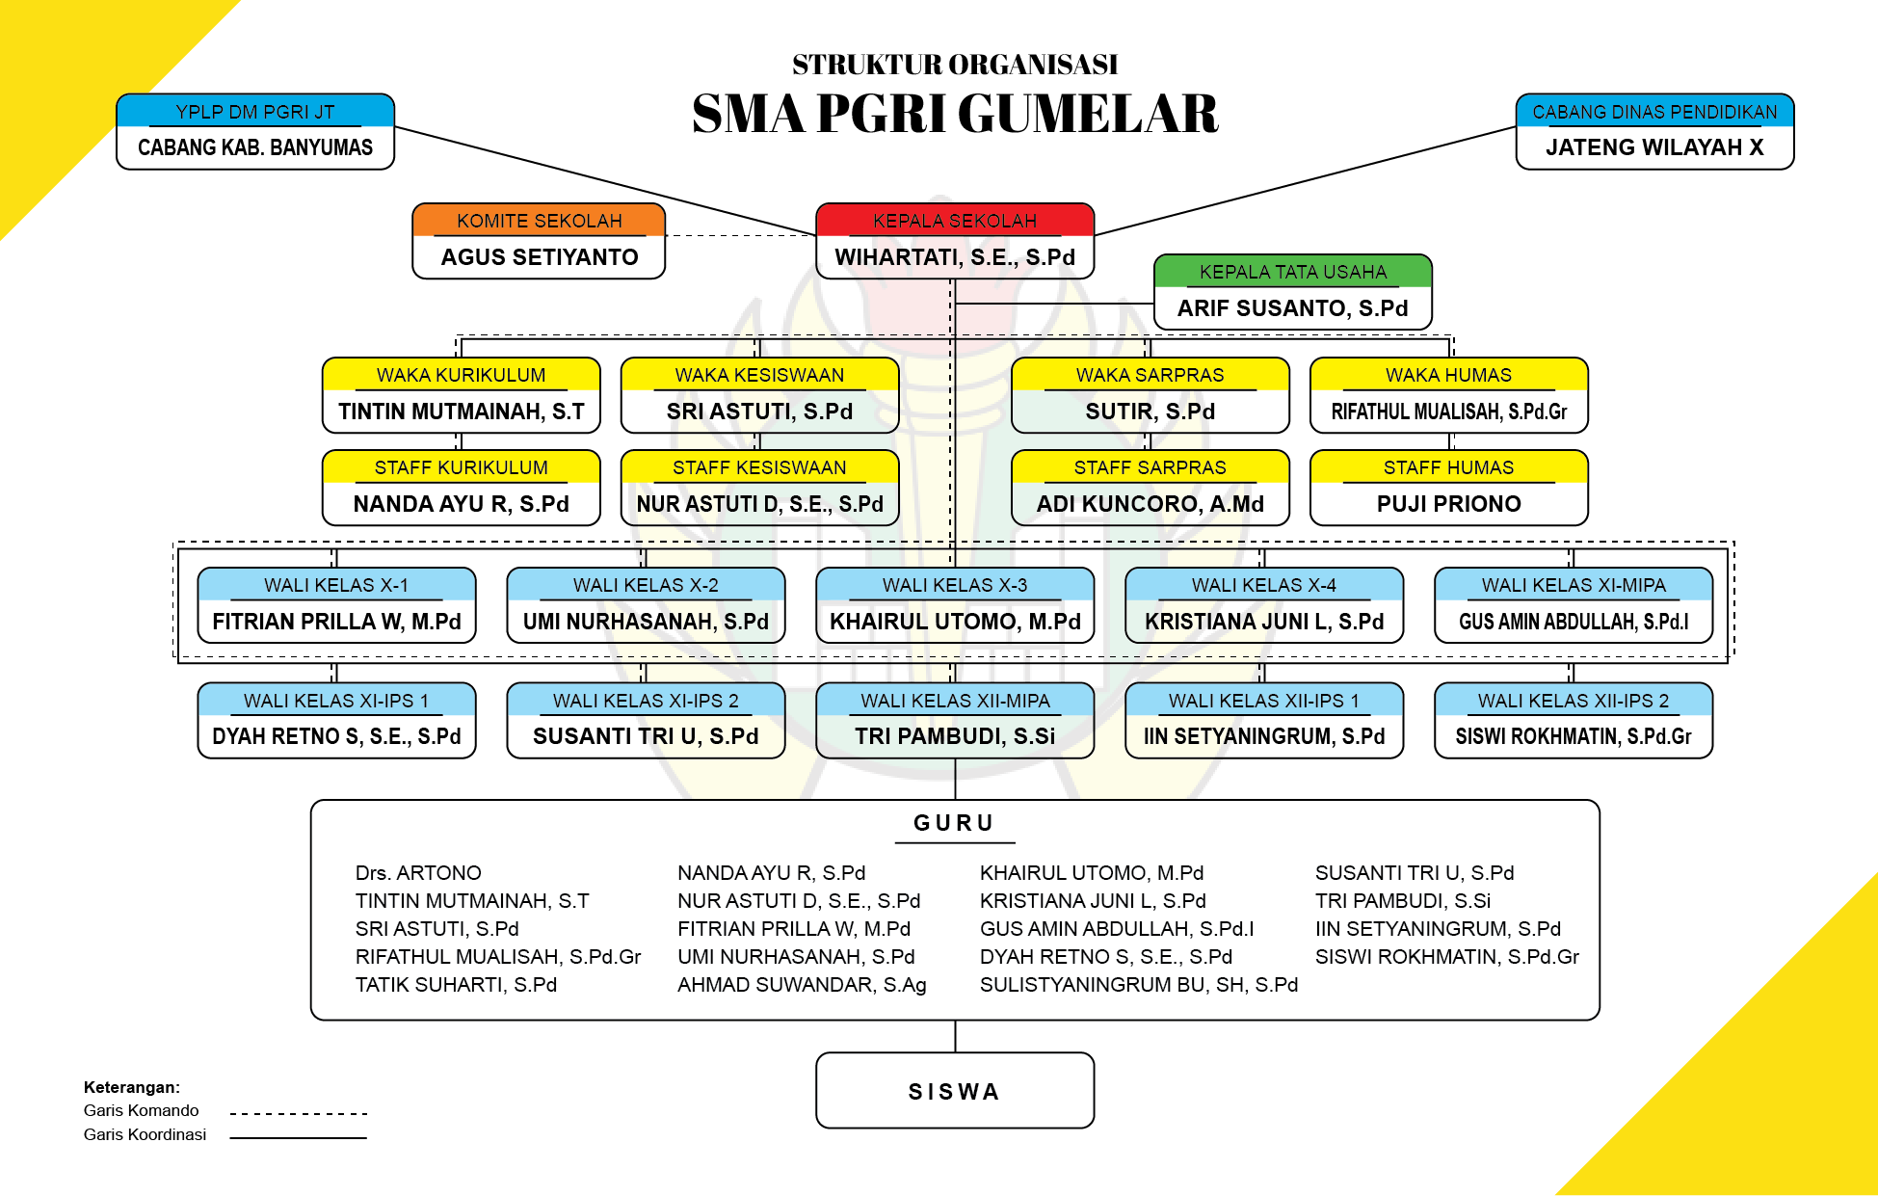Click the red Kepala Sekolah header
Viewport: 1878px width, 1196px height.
[x=954, y=221]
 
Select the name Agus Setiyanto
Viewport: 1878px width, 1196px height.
[x=539, y=257]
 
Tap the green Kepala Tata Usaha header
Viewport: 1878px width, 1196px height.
[x=1292, y=272]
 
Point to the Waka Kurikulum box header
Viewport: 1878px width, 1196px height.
[x=461, y=375]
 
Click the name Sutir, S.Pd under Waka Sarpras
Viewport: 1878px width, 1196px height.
[x=1150, y=412]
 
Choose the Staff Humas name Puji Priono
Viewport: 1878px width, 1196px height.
[x=1448, y=504]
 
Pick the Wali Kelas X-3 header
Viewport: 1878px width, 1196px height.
[x=954, y=585]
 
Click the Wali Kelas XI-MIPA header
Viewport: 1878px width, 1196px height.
[x=1573, y=585]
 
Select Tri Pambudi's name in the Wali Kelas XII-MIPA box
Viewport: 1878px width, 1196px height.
[x=954, y=736]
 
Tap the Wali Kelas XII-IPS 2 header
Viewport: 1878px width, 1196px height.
[x=1573, y=701]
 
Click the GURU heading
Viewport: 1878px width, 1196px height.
[x=954, y=823]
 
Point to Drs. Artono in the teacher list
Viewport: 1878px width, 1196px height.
[x=418, y=873]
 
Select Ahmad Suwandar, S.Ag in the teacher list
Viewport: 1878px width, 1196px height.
[x=802, y=985]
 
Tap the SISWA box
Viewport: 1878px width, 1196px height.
[x=954, y=1091]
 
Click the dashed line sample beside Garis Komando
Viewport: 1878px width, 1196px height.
[x=299, y=1114]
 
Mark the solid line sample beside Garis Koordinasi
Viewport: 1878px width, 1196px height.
[x=299, y=1138]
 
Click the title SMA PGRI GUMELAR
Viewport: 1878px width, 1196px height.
[x=954, y=114]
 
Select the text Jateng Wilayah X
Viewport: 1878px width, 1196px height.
[x=1654, y=147]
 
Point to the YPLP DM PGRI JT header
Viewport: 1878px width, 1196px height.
[x=255, y=112]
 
